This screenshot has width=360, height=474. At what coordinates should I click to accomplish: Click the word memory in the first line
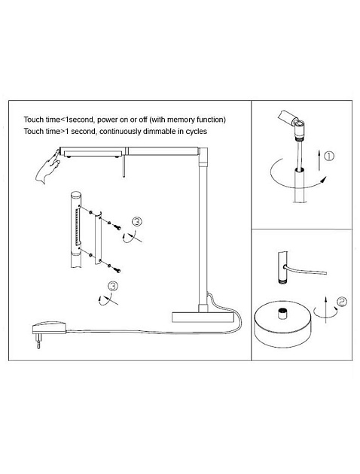(181, 120)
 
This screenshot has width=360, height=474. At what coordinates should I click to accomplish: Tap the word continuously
(120, 132)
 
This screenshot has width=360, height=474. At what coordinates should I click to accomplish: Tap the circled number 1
(329, 156)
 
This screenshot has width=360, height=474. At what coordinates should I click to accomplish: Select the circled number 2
(342, 302)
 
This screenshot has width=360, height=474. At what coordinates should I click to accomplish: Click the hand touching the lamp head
(47, 167)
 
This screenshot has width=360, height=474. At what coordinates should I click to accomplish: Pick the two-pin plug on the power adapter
(38, 341)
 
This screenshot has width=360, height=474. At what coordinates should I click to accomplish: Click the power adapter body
(49, 328)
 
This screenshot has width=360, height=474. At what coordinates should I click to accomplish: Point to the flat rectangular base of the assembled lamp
(203, 317)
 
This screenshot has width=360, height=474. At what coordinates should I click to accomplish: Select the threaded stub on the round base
(282, 314)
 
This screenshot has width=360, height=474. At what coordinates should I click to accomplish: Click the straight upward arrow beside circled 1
(319, 160)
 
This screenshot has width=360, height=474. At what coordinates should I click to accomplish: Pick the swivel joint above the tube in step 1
(298, 128)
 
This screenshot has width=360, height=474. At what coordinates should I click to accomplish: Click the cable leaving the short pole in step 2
(305, 269)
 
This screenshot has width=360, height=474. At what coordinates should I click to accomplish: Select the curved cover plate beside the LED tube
(98, 238)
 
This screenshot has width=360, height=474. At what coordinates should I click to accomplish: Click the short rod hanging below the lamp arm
(124, 166)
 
